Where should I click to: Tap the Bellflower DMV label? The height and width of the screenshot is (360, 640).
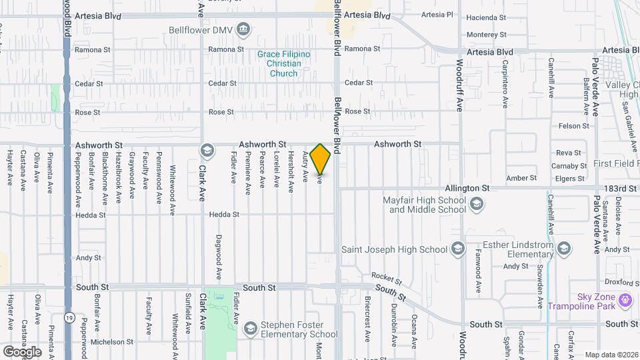click(x=198, y=29)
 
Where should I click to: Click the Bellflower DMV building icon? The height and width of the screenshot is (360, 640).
click(x=243, y=29)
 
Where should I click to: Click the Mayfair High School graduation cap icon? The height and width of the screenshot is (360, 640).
click(x=476, y=205)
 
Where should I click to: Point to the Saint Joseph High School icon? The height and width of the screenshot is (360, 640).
click(x=457, y=250)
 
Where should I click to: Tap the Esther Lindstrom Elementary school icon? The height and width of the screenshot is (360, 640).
click(x=564, y=250)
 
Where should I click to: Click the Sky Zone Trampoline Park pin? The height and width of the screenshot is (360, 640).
click(x=625, y=301)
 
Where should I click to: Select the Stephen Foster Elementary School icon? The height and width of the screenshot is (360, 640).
click(x=250, y=328)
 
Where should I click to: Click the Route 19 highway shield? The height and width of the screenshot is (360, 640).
click(x=69, y=318)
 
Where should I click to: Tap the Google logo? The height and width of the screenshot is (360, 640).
click(x=22, y=351)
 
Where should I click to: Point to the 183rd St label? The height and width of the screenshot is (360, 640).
click(x=622, y=189)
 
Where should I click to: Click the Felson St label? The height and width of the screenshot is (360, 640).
click(x=574, y=125)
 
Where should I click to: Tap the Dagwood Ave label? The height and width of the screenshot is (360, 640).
click(x=218, y=257)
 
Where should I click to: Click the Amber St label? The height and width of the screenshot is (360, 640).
click(x=521, y=178)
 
